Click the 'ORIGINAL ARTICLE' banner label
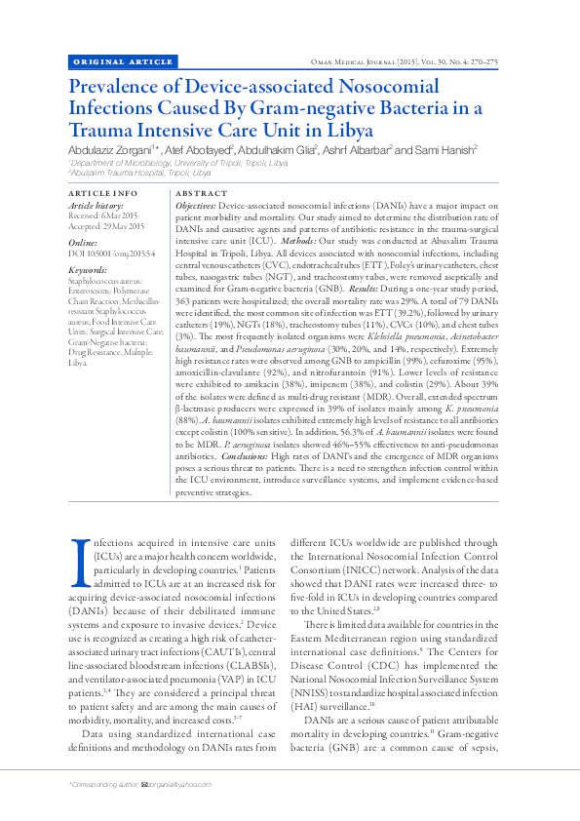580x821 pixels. [110, 61]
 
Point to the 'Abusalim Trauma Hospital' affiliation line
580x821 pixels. [140, 173]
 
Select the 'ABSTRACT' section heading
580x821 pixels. [201, 194]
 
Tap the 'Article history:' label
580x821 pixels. [96, 207]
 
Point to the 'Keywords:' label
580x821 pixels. [88, 270]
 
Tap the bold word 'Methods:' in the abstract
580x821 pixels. [350, 240]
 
